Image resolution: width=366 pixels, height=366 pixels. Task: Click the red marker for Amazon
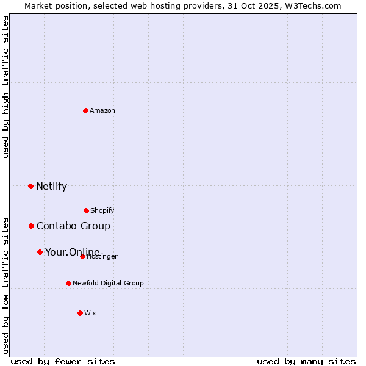click(85, 110)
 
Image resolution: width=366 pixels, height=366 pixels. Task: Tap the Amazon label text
click(102, 111)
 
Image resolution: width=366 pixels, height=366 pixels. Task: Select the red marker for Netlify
click(30, 186)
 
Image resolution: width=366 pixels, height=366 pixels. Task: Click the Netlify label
click(51, 187)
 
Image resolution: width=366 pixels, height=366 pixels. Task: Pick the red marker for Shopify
click(86, 210)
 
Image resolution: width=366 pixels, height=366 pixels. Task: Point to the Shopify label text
click(102, 211)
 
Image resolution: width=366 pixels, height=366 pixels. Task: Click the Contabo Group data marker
click(31, 226)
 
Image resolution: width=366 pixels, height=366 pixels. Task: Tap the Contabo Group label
click(73, 226)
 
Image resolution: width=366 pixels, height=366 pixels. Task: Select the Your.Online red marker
click(40, 252)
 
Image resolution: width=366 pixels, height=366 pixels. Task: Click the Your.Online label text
click(72, 252)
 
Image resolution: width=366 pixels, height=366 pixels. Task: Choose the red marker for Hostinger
click(82, 256)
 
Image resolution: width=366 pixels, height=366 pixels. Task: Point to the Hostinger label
click(102, 257)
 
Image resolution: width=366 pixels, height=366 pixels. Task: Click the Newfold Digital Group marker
click(68, 283)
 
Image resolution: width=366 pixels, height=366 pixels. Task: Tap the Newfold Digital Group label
click(108, 283)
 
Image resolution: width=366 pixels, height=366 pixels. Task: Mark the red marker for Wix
click(80, 313)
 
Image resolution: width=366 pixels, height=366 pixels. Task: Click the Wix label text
click(90, 314)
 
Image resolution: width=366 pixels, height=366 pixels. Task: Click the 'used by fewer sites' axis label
click(63, 361)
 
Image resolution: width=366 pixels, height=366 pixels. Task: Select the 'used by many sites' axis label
click(306, 361)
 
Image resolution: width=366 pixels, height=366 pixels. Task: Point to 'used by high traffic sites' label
click(5, 87)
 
